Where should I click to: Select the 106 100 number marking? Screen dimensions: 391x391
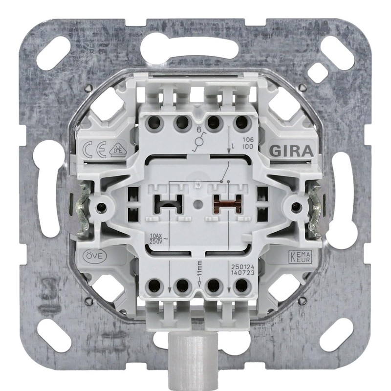248,142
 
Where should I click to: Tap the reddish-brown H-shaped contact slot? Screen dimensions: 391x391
226,203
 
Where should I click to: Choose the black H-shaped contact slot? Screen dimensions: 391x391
167,203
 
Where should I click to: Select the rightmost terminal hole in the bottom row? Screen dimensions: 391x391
240,286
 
